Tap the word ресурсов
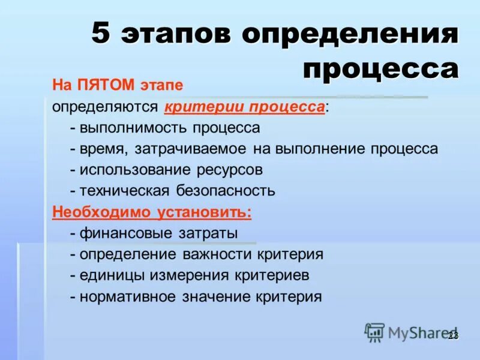229,170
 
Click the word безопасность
226,191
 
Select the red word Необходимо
102,212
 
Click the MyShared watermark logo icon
375,332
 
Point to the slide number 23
453,335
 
